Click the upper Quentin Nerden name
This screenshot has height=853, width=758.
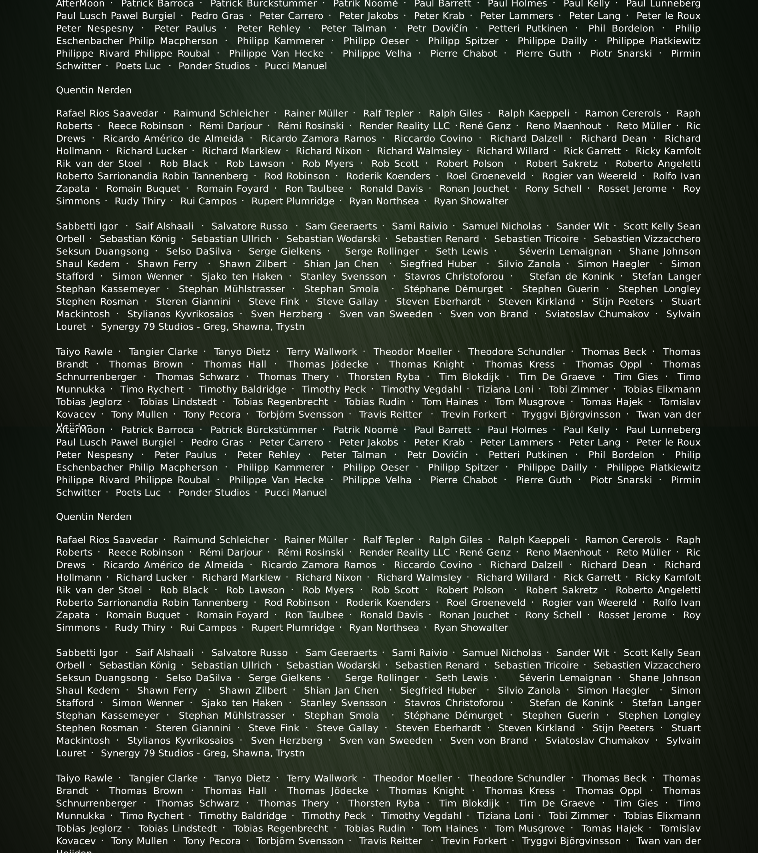93,90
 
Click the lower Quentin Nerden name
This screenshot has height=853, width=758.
93,517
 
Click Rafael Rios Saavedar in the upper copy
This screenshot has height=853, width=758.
107,114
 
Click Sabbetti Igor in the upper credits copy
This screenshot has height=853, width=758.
87,226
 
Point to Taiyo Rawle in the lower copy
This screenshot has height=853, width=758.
84,778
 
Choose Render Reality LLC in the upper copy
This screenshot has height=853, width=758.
404,126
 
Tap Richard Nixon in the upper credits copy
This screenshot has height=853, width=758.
329,151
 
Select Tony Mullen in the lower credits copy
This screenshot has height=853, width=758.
139,841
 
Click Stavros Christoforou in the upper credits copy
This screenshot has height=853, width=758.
454,277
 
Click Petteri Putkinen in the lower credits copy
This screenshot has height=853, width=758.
528,455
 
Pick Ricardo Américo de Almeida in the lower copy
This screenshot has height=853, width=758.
173,565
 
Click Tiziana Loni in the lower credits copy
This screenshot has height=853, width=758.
505,816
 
